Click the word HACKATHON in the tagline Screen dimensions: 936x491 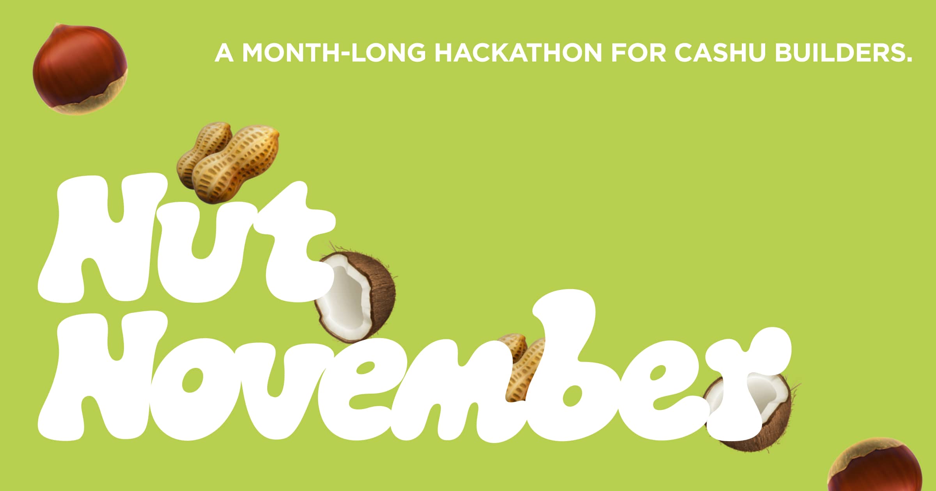tap(518, 52)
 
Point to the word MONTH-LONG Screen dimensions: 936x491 tap(334, 52)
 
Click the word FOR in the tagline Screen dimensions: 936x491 tap(638, 52)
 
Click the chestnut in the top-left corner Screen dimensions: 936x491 tap(80, 69)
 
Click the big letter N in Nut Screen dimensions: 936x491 tap(97, 238)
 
